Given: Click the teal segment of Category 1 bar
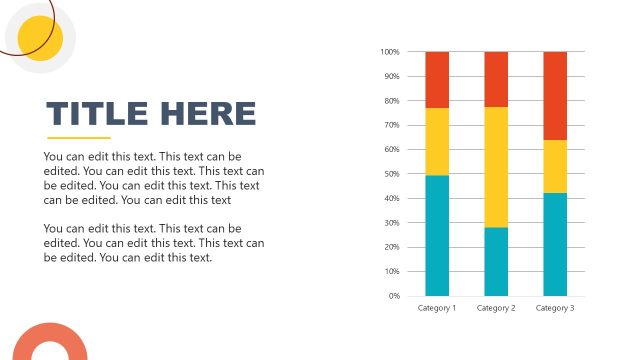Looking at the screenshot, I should [437, 235].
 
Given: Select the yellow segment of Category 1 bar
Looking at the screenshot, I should [437, 141].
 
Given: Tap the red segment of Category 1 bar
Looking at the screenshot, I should [437, 79].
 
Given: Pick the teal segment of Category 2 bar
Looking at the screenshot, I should [496, 261].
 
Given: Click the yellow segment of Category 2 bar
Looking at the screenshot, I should [496, 167].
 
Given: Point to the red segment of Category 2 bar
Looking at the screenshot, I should [496, 79].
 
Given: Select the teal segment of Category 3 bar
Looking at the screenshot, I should [555, 244].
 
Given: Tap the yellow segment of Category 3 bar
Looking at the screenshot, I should [555, 166].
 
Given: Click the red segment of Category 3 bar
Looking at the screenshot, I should [555, 95].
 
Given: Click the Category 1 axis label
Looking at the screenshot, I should [437, 308].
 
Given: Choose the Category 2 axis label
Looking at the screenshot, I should [496, 308].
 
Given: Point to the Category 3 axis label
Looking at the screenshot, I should [555, 308].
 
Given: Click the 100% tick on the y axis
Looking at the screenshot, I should [390, 52].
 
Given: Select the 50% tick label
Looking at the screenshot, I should [392, 174].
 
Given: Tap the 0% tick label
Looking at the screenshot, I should [394, 296].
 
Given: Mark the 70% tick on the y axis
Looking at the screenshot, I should [392, 125].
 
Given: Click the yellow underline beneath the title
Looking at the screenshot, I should [79, 138].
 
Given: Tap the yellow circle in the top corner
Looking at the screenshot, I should [41, 39].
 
